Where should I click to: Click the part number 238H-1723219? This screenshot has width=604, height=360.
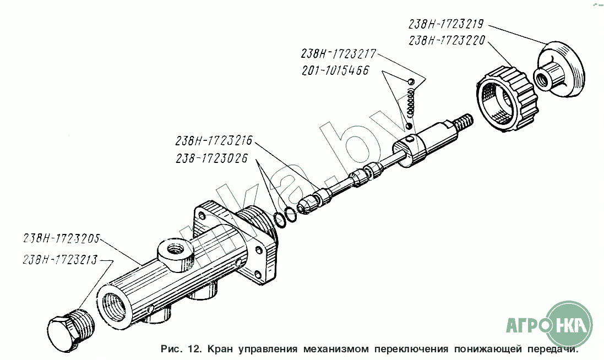(445, 24)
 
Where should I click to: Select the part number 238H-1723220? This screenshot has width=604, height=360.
(447, 40)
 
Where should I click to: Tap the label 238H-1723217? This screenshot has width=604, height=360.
(338, 53)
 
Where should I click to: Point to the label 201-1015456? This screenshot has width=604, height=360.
(335, 70)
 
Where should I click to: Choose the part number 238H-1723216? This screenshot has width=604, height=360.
(214, 140)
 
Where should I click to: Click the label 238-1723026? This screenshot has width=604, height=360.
(212, 158)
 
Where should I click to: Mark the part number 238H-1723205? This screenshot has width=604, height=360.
(62, 239)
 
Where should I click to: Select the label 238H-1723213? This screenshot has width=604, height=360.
(61, 260)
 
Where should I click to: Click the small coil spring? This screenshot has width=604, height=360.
(411, 102)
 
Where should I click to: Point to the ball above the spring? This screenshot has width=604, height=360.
(411, 81)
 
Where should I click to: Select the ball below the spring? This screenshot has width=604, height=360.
(409, 126)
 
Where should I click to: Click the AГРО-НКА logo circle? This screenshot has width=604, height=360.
(569, 324)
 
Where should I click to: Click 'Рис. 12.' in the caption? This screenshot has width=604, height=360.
(181, 349)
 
